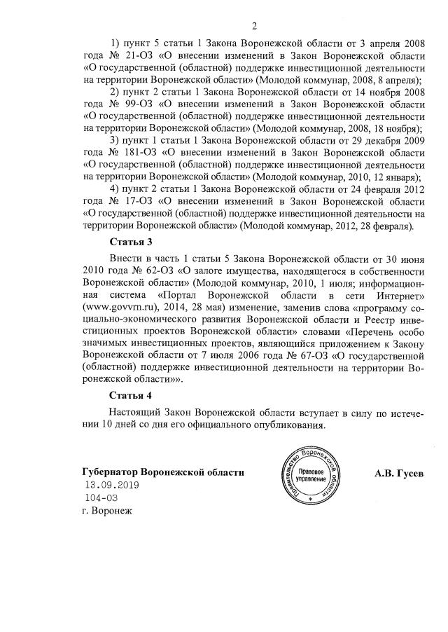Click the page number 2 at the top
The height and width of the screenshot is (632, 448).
point(254,27)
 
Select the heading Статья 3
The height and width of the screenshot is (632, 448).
point(130,242)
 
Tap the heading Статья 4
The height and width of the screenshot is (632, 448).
point(130,395)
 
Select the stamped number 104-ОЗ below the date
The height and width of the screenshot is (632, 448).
point(100,497)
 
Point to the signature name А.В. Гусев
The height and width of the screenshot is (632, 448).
point(399,472)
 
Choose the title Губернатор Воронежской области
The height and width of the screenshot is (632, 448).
point(163,472)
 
